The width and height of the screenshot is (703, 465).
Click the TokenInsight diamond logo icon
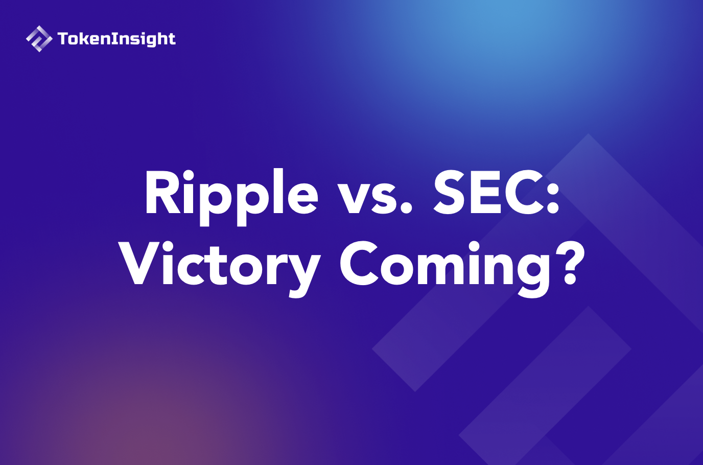coord(39,39)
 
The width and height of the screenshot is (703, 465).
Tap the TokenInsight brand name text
coord(116,39)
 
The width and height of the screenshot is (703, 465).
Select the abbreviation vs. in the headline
coord(374,197)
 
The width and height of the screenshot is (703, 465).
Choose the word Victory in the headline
coord(220,266)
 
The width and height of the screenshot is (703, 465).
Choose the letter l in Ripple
coord(277,192)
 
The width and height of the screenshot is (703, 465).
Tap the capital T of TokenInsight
coord(63,39)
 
